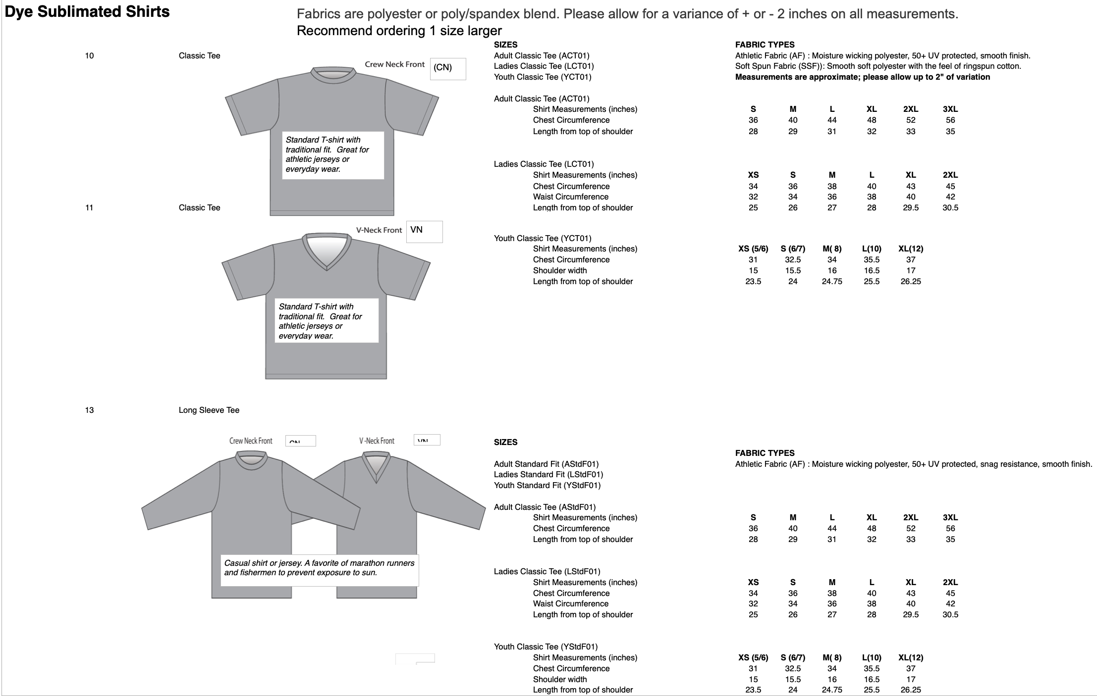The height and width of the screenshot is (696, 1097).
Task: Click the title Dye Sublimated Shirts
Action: coord(87,12)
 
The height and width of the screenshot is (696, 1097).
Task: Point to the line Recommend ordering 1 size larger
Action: coord(399,31)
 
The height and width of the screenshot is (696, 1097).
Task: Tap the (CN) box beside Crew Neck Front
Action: coord(447,68)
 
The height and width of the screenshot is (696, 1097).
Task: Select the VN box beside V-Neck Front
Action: coord(424,231)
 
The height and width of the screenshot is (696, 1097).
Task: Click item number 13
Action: coord(89,410)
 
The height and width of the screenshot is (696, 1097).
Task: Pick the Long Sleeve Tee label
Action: coord(209,410)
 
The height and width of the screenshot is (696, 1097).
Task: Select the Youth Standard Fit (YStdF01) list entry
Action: coord(547,485)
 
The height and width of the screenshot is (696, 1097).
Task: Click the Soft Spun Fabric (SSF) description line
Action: coord(878,66)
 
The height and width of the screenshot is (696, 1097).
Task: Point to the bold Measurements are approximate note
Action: coord(862,77)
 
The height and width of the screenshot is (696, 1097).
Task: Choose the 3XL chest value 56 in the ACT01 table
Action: coord(950,120)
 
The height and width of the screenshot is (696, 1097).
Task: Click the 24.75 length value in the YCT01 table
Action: coord(831,281)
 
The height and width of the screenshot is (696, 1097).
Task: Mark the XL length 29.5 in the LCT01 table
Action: coord(910,207)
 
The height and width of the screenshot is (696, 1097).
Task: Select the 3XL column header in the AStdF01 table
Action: coord(950,517)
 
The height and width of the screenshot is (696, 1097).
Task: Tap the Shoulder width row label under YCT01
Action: coord(559,270)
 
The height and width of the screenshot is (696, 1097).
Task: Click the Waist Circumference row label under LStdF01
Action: coord(570,603)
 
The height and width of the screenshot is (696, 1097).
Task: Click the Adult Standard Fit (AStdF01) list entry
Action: coord(546,464)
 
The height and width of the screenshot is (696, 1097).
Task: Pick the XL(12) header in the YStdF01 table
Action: coord(910,657)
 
